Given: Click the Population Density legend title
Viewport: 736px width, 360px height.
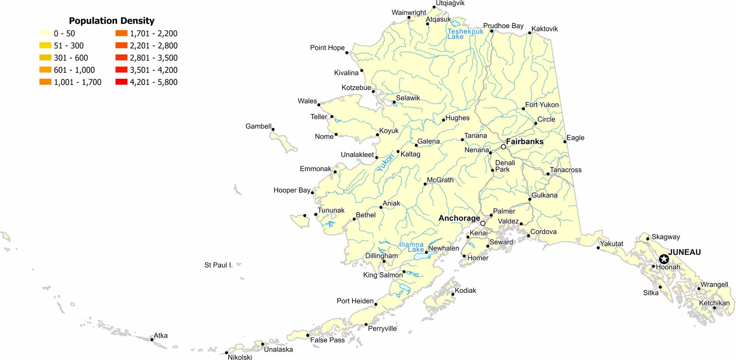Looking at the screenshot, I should (x=111, y=21).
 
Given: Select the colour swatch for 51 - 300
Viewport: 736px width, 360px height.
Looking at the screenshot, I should (x=45, y=45).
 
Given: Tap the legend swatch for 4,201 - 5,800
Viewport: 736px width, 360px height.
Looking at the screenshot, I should (x=121, y=82).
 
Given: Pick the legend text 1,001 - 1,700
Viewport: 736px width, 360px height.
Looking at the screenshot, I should (x=78, y=82).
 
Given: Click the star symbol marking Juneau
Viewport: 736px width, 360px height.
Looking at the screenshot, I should (x=664, y=259).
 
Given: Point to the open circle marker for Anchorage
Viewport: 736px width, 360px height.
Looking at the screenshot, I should (x=483, y=223).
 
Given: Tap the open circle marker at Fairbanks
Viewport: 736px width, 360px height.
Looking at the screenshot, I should (x=503, y=147).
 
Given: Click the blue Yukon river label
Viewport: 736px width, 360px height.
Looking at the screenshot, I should (x=385, y=163).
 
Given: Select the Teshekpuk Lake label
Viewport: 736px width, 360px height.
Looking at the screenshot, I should (x=465, y=34).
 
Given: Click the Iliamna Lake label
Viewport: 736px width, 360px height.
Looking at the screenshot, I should (x=411, y=247).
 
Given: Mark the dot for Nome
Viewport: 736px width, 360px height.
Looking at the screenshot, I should (x=336, y=134).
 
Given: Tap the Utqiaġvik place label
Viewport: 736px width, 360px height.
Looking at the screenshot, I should (x=450, y=3).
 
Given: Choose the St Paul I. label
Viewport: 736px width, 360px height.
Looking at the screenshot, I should (x=218, y=265).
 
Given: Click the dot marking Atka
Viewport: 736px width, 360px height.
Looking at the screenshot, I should (x=152, y=340).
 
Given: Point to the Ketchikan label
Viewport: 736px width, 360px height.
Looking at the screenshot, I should (x=714, y=303).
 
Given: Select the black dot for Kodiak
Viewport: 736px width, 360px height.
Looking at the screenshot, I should (x=453, y=294).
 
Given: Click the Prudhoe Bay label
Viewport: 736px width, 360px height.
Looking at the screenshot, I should (x=503, y=26).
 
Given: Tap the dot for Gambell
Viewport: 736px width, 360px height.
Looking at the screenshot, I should (x=273, y=130).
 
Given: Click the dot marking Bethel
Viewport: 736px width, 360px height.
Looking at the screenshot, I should (x=354, y=219).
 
